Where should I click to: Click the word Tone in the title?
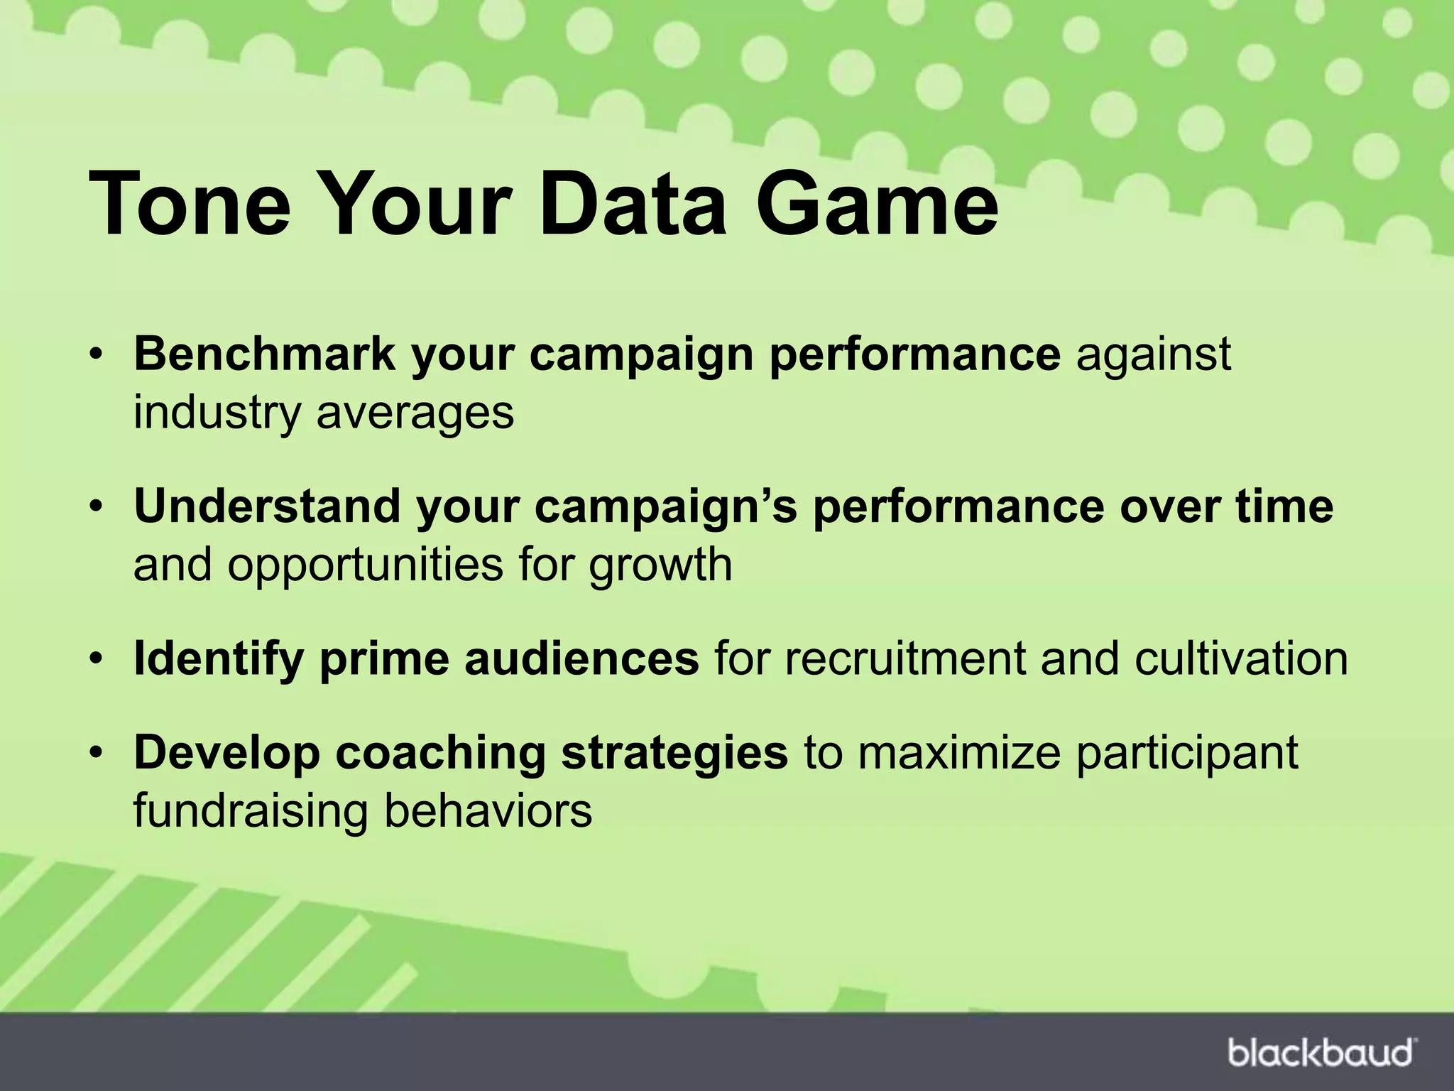(190, 204)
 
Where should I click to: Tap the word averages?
(415, 413)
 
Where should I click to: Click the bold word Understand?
(267, 506)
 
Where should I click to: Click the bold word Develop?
(226, 753)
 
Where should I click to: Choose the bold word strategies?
(674, 753)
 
